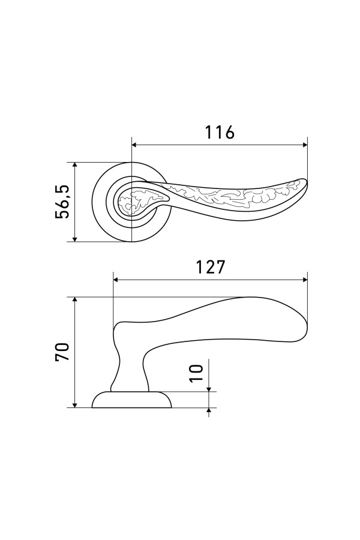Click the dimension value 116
point(220,132)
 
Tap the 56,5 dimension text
point(62,202)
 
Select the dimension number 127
point(210,267)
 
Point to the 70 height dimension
point(62,351)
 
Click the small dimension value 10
point(196,373)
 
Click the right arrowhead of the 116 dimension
point(304,145)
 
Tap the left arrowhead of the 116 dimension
point(134,145)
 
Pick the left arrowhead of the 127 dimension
point(116,280)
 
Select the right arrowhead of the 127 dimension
point(304,280)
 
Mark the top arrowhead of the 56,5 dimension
point(75,166)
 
